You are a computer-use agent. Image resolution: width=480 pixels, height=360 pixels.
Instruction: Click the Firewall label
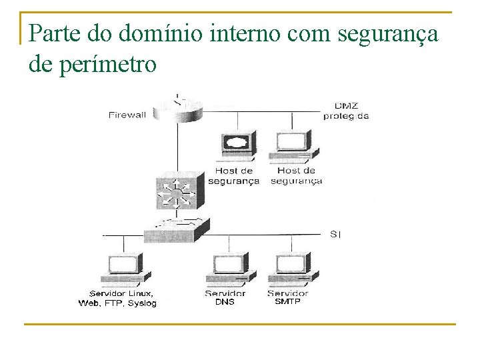[127, 115]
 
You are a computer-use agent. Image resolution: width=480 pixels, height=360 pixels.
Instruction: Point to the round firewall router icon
[177, 109]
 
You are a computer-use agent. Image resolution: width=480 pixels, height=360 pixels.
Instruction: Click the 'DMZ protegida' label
[346, 110]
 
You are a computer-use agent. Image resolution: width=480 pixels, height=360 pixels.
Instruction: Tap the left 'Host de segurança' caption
[233, 176]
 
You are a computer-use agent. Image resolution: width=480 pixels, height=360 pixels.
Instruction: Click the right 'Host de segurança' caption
[296, 176]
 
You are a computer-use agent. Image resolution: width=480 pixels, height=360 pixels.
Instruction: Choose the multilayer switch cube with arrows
[176, 193]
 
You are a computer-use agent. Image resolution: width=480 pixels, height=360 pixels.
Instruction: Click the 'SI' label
[335, 234]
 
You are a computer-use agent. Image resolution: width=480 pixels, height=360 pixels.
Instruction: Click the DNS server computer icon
[230, 270]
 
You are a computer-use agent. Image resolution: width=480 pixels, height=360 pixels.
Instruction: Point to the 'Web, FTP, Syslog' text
[117, 303]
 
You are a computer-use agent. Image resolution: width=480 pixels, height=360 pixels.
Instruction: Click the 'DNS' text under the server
[225, 302]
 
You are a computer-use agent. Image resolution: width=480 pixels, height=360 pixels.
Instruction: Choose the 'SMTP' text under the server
[288, 302]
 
